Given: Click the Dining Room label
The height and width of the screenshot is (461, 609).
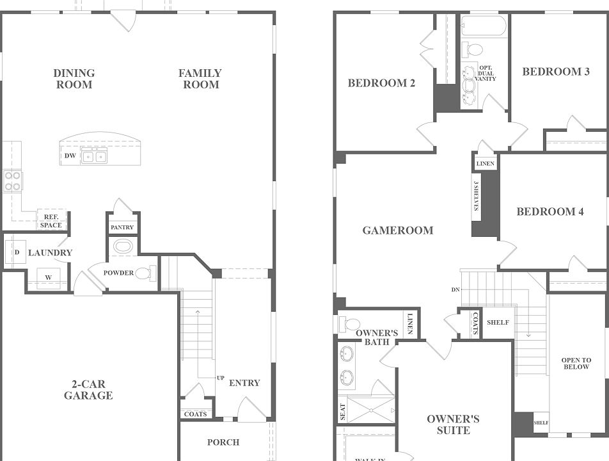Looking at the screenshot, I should [74, 79].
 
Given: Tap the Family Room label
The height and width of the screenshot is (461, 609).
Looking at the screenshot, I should [200, 79].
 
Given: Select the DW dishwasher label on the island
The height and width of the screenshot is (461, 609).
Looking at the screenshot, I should [70, 156].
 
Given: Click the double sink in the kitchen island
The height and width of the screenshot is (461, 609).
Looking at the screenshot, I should [94, 156].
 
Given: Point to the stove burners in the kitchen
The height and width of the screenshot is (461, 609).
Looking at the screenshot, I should [13, 181].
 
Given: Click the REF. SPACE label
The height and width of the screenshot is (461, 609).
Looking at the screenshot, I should [51, 221].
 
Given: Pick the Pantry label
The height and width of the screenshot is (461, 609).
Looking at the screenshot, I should [122, 227].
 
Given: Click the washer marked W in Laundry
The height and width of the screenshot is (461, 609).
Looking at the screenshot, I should [48, 277].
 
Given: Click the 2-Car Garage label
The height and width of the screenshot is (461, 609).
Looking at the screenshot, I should [88, 389].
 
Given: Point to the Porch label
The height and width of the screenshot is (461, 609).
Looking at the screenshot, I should [223, 442].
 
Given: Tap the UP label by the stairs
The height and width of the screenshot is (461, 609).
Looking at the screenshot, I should [220, 378].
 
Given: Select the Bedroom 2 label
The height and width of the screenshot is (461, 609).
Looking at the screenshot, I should [381, 83].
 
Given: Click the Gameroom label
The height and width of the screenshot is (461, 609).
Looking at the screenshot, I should [397, 230].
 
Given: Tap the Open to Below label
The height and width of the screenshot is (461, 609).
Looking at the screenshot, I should [576, 364].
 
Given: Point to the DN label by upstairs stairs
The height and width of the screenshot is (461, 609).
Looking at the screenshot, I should [455, 290].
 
